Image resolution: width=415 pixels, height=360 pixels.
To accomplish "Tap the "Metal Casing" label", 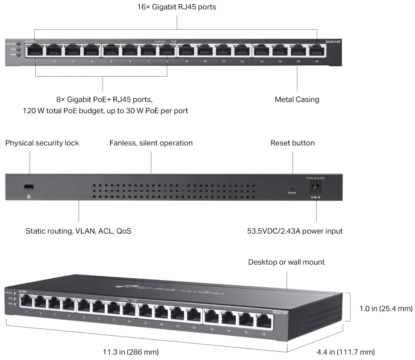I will tap(297, 99).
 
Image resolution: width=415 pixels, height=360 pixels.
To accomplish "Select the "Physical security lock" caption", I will tap(42, 143).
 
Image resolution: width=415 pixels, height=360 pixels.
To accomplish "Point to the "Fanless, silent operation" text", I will tap(151, 143).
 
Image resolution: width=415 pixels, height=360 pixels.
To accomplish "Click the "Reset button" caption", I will tap(292, 143).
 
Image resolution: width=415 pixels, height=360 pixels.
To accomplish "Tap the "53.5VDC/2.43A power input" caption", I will tap(295, 231).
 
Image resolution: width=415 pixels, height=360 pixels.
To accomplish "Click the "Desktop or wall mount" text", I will tap(287, 262).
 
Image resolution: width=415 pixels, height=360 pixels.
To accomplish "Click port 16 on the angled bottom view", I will tap(264, 321).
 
